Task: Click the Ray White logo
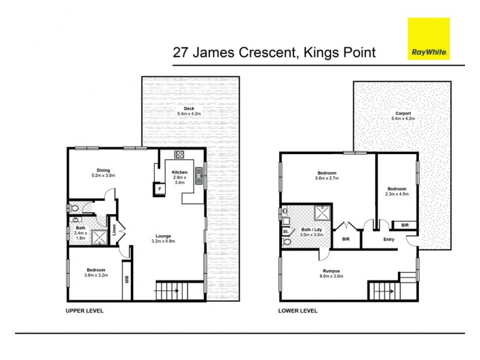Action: point(428,39)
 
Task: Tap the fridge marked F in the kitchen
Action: point(160,189)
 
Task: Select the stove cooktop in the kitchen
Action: point(179,154)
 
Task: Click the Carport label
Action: point(403,113)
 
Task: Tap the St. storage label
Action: point(285,230)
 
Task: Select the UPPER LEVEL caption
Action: point(85,311)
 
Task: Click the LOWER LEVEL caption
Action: point(298,311)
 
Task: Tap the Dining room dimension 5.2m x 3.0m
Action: point(103,176)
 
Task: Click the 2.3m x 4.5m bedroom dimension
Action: point(397,194)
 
